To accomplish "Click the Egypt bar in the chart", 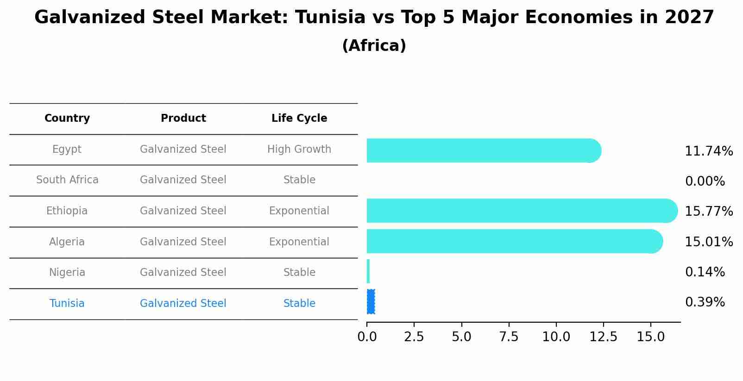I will (482, 150).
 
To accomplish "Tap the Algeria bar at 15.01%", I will (514, 241).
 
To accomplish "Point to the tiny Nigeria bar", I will (368, 271).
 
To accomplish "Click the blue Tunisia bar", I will (371, 302).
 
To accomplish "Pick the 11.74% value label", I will (708, 151).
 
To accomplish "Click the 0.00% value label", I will (705, 181).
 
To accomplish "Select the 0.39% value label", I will (705, 302).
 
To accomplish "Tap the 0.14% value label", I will (705, 272).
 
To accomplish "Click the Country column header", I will (67, 119).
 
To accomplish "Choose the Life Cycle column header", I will (299, 119).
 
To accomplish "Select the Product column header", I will (183, 119).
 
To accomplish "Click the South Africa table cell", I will (67, 180).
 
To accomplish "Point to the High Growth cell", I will (299, 150).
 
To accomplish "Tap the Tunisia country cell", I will (67, 304).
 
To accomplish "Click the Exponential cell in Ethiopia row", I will (299, 211).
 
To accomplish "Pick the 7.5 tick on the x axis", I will (509, 337).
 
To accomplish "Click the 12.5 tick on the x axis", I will (603, 337).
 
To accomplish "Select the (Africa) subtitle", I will (374, 46).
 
